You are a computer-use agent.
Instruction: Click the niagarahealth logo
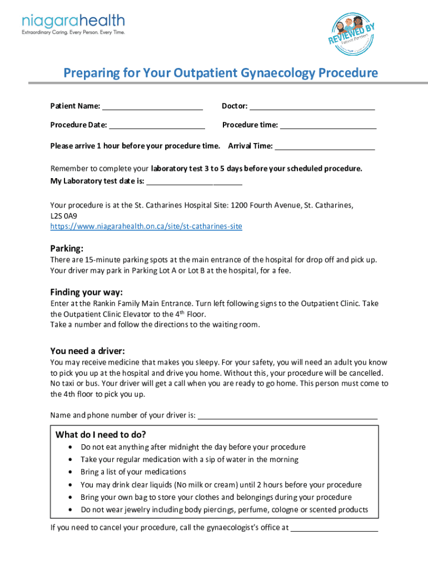coord(73,24)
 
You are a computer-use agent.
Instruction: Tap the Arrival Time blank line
coord(325,147)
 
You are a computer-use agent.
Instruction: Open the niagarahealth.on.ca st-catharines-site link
coord(146,227)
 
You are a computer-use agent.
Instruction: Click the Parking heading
coord(67,248)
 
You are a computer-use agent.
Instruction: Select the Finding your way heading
coord(86,292)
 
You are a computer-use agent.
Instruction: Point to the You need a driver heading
coord(87,351)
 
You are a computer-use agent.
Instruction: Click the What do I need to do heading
coord(101,434)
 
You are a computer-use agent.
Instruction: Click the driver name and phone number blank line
coord(287,416)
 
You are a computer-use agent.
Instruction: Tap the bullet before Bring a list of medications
coord(69,472)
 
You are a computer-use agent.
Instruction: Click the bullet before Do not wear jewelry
coord(69,510)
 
